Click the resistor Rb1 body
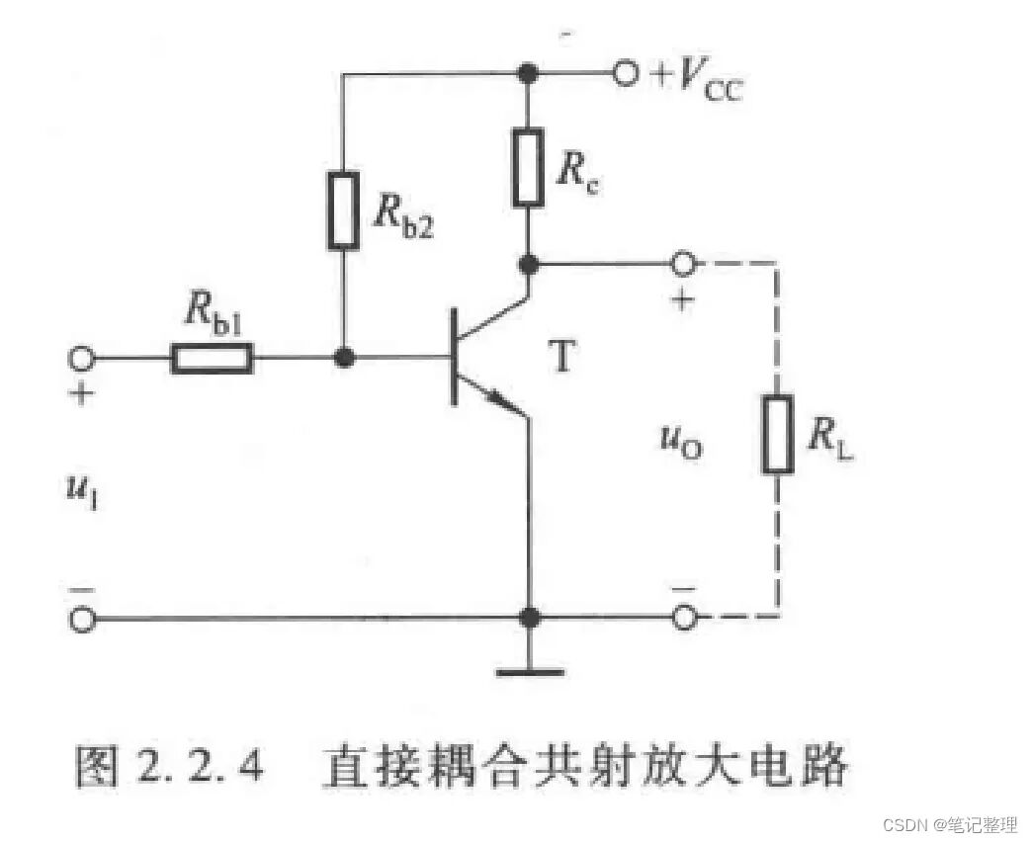[x=212, y=358]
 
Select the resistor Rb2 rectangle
[x=343, y=209]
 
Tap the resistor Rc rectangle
[x=529, y=167]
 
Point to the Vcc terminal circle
[x=626, y=74]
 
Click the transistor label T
[x=560, y=357]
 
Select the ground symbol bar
[x=531, y=674]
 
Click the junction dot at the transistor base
[x=343, y=358]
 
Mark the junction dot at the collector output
[x=530, y=265]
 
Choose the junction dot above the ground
[x=531, y=618]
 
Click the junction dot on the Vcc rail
[x=529, y=74]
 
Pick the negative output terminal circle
[x=683, y=619]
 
